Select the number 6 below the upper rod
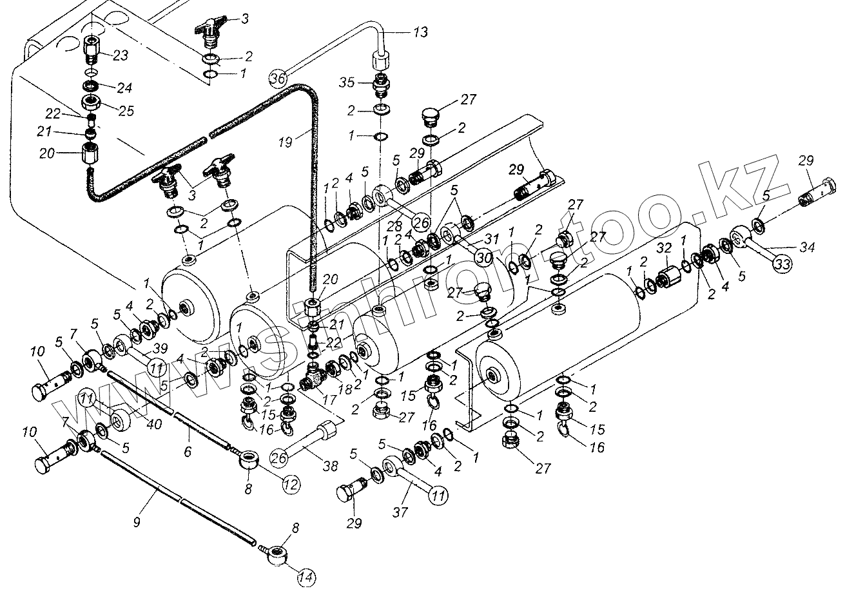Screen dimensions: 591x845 pos(187,452)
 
